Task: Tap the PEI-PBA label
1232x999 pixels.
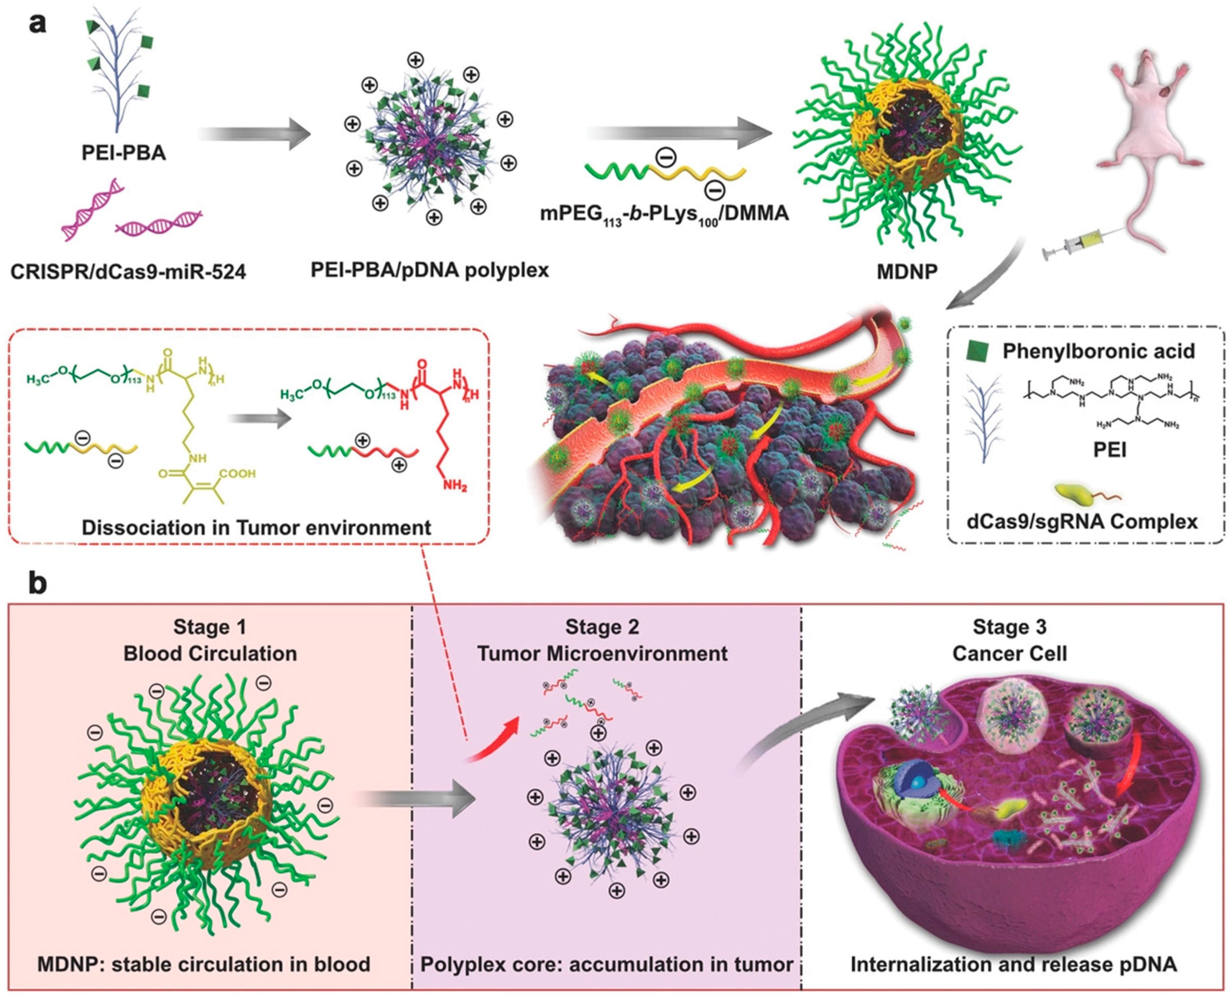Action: [124, 153]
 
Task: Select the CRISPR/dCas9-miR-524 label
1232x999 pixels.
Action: [128, 271]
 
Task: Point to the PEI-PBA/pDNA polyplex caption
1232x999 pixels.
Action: [430, 269]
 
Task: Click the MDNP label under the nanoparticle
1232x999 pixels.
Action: [907, 271]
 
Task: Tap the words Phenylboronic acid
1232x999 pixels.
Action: [1098, 351]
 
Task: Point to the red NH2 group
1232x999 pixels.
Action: [454, 486]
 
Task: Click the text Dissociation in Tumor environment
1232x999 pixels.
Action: [256, 527]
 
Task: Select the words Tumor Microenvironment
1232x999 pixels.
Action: [602, 654]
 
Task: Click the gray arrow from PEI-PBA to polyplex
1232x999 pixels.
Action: [254, 134]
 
